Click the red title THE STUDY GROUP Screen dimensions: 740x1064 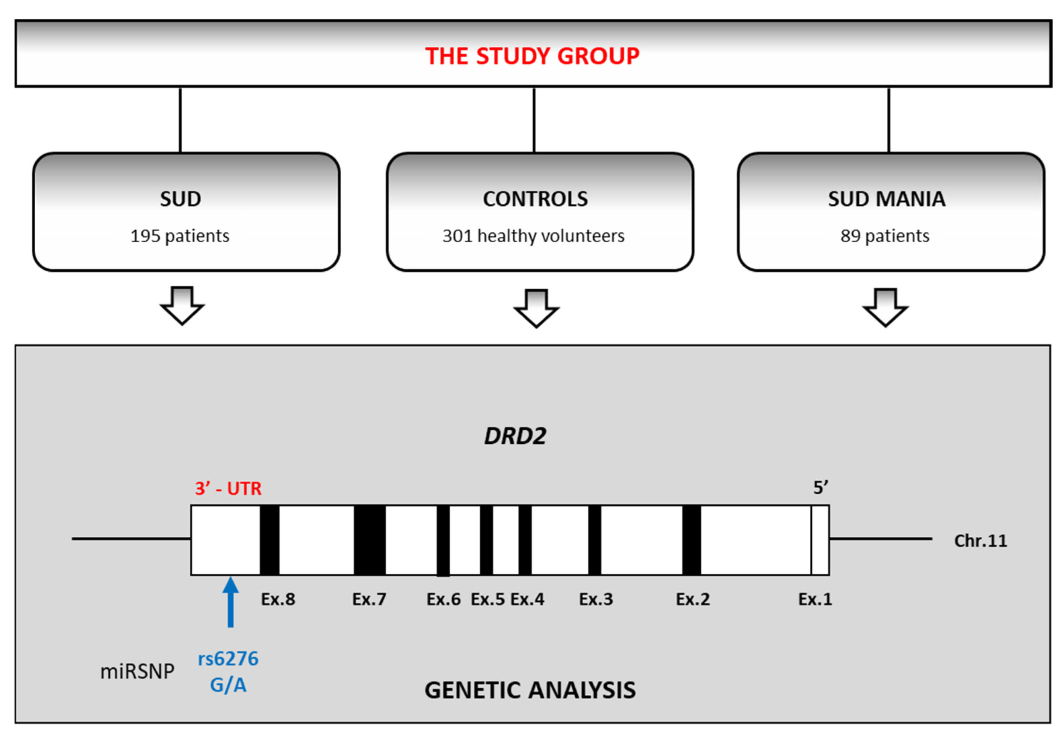532,56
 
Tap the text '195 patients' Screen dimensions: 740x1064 180,236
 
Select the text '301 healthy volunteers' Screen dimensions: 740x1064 533,236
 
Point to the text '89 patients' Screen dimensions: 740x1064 885,236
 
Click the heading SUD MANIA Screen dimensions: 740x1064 887,199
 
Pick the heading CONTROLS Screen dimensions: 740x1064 535,199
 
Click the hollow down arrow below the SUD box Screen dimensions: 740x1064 182,306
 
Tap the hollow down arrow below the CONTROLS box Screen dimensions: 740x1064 536,308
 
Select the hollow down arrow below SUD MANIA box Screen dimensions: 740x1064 885,307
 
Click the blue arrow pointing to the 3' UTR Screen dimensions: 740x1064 230,601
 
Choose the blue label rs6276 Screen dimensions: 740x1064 228,659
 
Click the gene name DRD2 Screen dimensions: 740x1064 515,436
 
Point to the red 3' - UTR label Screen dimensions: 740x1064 228,488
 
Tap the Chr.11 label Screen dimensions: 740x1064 980,541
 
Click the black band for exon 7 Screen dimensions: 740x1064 369,540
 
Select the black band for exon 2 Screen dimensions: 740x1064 691,540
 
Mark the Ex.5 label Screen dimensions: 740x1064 487,599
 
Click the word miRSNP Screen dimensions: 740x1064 137,671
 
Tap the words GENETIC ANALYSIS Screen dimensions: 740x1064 530,690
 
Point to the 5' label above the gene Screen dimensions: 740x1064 820,487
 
